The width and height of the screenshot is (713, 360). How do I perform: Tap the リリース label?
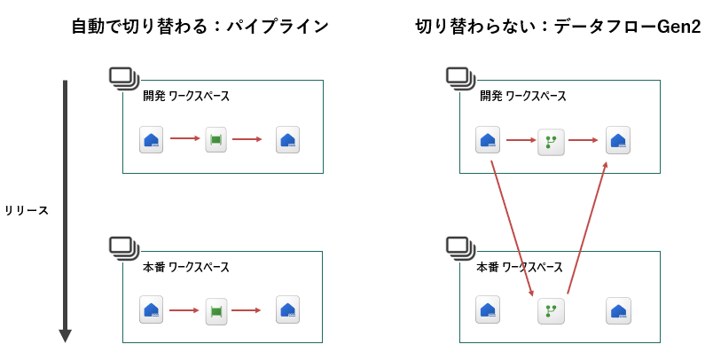click(27, 211)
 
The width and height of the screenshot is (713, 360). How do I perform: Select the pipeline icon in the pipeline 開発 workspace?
click(215, 139)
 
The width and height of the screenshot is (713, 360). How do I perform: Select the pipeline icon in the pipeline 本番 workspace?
click(215, 310)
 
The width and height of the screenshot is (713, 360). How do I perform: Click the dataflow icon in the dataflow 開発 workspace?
click(551, 140)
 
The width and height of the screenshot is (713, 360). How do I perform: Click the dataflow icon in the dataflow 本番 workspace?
click(551, 310)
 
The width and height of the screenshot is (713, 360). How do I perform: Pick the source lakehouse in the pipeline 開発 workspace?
click(152, 139)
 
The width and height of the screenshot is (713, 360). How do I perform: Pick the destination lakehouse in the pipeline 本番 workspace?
click(287, 310)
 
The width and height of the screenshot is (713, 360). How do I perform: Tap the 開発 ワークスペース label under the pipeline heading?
click(186, 97)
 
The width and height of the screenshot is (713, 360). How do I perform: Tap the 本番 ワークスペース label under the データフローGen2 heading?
click(520, 267)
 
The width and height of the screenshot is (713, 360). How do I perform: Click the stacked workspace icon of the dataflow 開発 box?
click(459, 77)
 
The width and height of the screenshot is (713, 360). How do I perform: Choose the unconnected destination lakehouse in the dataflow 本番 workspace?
click(618, 310)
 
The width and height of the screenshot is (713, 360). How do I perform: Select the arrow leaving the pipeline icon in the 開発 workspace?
click(247, 139)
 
